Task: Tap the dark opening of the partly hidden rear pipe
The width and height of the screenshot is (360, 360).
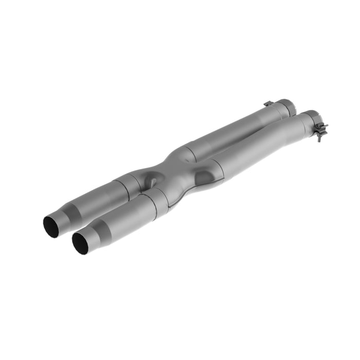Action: click(50, 226)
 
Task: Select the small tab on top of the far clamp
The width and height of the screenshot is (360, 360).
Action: click(268, 104)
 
